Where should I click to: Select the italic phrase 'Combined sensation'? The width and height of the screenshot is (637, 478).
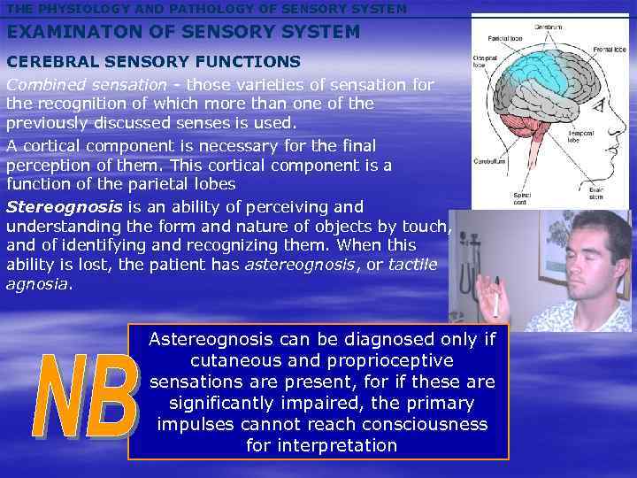pyautogui.click(x=86, y=84)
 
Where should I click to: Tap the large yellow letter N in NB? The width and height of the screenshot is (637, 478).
pyautogui.click(x=59, y=398)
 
